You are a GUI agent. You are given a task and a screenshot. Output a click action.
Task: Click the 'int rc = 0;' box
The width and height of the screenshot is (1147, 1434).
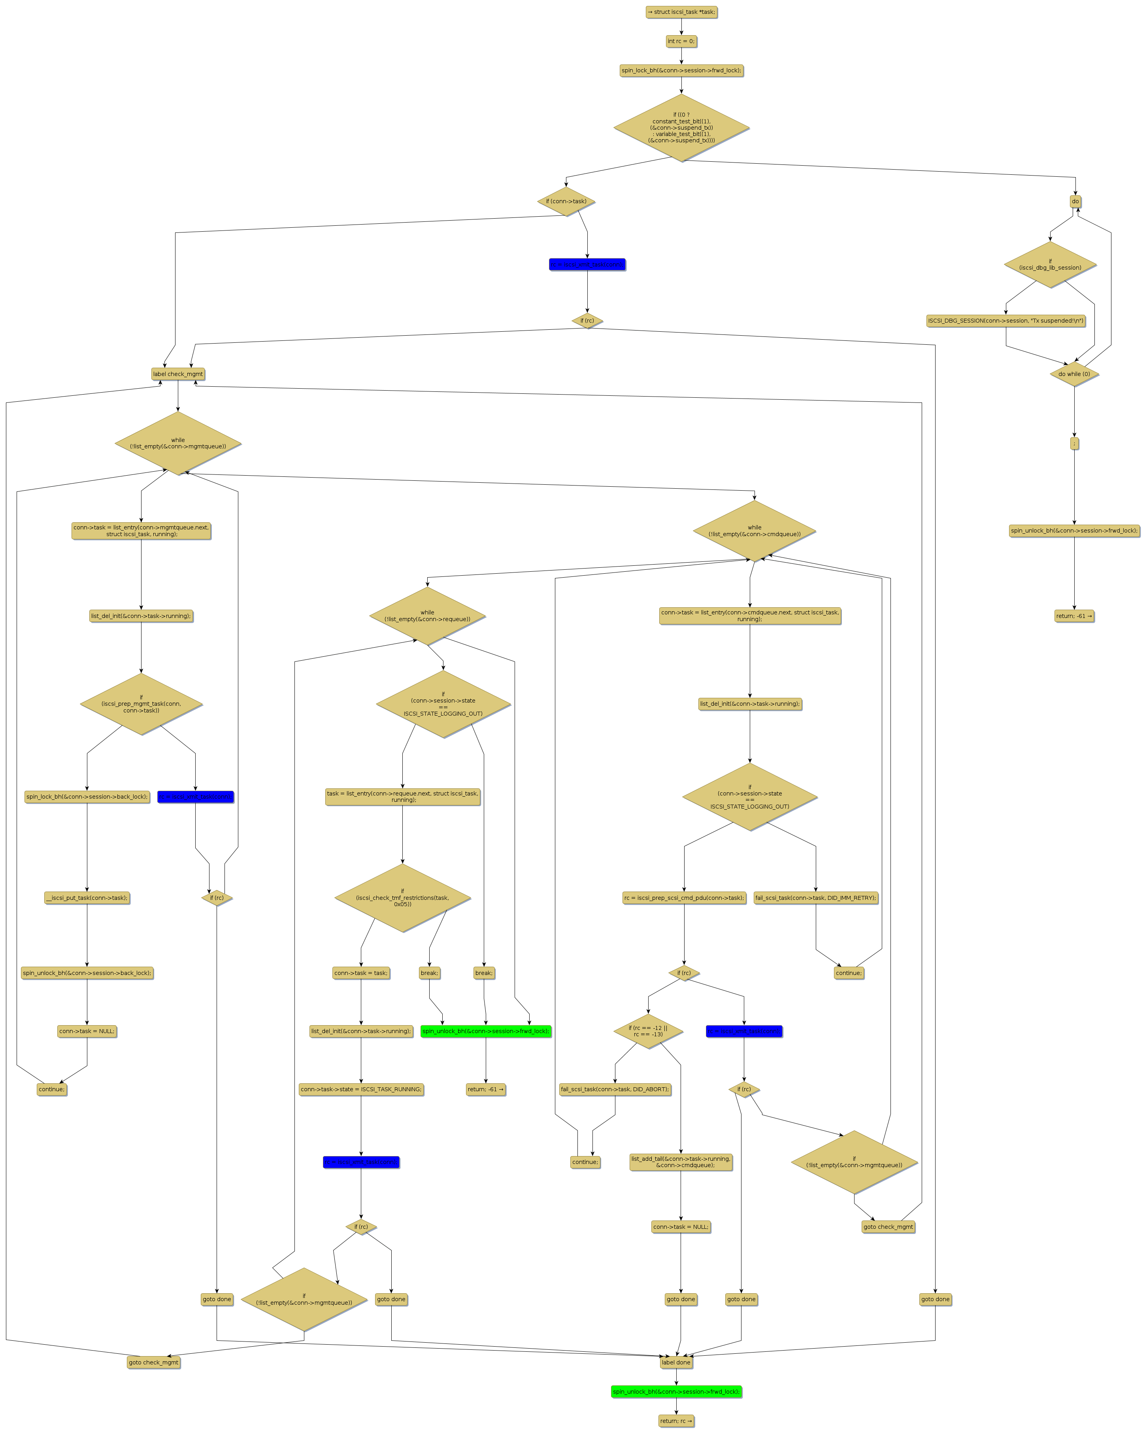tap(681, 41)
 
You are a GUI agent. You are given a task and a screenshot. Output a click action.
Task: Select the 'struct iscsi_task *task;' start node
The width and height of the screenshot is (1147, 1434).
tap(681, 12)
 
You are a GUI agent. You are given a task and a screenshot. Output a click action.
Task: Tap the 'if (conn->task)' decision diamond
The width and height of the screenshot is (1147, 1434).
tap(566, 202)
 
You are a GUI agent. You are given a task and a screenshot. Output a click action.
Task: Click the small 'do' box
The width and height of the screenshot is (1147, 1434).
tap(1075, 202)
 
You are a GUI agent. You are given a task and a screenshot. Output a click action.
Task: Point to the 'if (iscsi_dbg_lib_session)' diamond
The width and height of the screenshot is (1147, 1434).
tap(1050, 265)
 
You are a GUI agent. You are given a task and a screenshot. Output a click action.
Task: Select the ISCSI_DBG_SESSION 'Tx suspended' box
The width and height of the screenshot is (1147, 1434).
tap(1006, 321)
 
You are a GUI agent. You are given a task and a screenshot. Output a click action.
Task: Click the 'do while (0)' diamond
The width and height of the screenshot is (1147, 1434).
tap(1074, 374)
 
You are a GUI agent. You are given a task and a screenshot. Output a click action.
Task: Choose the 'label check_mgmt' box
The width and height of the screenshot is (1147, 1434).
tap(177, 374)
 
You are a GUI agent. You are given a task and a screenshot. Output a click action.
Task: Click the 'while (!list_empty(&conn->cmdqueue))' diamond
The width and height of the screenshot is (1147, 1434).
tap(754, 531)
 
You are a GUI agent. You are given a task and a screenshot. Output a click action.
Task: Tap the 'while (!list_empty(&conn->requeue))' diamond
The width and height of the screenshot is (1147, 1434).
tap(427, 616)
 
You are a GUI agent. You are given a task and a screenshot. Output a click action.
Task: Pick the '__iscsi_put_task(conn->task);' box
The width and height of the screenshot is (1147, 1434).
tap(87, 898)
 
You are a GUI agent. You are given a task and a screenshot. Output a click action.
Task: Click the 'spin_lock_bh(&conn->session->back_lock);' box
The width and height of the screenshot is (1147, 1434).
tap(87, 797)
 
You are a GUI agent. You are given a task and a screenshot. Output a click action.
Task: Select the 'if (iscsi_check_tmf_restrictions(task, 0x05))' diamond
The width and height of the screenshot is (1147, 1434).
tap(402, 898)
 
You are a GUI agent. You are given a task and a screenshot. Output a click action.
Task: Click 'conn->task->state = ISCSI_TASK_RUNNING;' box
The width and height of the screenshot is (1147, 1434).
tap(361, 1090)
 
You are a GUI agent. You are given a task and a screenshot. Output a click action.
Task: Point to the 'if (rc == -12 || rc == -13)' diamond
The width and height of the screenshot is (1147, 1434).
tap(648, 1032)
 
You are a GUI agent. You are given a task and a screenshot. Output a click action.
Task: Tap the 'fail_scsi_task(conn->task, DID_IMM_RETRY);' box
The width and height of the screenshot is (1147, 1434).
tap(816, 898)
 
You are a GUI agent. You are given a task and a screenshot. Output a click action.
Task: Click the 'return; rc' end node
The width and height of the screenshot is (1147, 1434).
tap(675, 1421)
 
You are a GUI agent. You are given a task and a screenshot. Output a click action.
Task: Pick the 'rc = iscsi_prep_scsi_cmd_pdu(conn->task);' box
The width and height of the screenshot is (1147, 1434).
tap(683, 898)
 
